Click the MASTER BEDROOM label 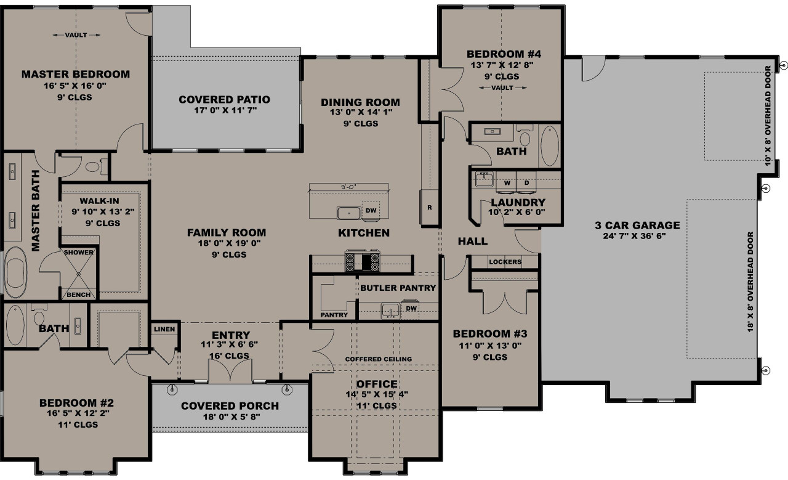coord(76,75)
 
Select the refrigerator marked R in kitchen coord(429,208)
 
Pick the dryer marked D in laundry coord(526,183)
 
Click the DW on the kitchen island coord(371,211)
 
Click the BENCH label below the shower coord(78,295)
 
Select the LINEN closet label coord(164,329)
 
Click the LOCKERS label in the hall coord(505,262)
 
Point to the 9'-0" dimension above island coord(348,187)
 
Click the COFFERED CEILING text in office coord(378,359)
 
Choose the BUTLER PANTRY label coord(398,288)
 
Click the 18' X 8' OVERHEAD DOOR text coord(749,282)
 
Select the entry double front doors coord(228,372)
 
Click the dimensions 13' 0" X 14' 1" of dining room coord(360,113)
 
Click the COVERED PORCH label coord(230,406)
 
